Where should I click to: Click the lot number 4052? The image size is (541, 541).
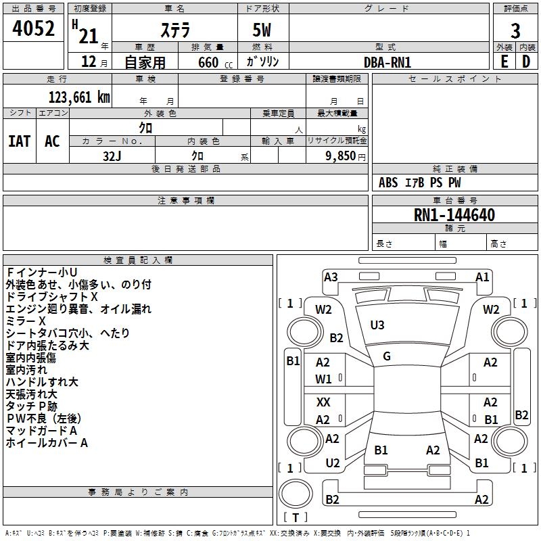[x=34, y=30]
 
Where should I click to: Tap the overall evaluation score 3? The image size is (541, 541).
[x=515, y=30]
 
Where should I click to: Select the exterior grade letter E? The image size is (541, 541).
[x=504, y=62]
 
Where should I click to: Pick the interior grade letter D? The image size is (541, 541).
[x=526, y=62]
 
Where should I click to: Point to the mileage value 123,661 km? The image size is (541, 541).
[x=78, y=97]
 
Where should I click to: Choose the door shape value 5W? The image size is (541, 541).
[x=263, y=30]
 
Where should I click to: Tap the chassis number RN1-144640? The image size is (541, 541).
[x=454, y=215]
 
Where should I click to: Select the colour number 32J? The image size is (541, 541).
[x=112, y=155]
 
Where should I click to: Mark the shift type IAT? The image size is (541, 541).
[x=20, y=141]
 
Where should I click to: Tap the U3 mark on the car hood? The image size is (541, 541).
[x=377, y=325]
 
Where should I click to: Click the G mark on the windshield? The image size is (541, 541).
[x=387, y=356]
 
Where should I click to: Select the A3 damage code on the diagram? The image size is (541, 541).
[x=331, y=277]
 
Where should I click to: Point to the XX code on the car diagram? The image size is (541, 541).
[x=323, y=402]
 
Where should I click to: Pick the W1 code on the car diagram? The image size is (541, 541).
[x=323, y=379]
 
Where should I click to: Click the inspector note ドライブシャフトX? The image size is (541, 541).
[x=52, y=296]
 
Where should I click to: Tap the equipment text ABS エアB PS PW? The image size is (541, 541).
[x=420, y=183]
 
